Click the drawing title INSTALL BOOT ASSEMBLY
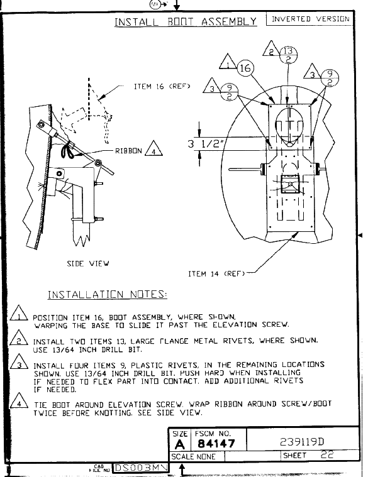coord(186,22)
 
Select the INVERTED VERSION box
coord(310,19)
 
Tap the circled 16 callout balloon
coord(245,68)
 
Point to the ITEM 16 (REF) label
coord(162,86)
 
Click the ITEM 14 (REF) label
coord(216,274)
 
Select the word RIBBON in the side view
coord(128,151)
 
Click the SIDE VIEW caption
coord(88,263)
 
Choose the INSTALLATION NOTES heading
coord(108,295)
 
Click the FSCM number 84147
coord(216,444)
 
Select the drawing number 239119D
coord(302,442)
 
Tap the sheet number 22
coord(327,455)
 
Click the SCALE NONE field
coord(194,457)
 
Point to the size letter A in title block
coord(180,444)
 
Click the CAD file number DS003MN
coord(141,468)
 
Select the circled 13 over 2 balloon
coord(288,55)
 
